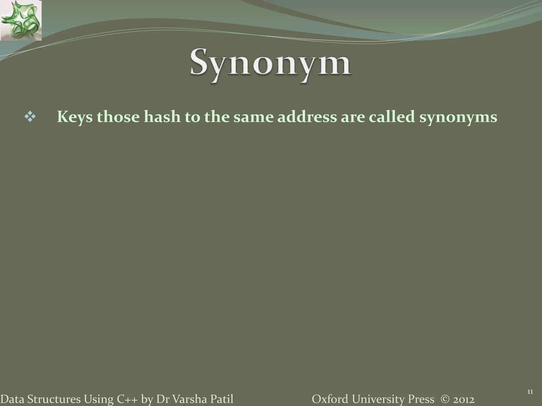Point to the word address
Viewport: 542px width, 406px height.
[x=307, y=117]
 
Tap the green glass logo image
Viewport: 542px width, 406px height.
[x=21, y=20]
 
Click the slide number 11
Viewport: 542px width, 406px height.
[x=530, y=392]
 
